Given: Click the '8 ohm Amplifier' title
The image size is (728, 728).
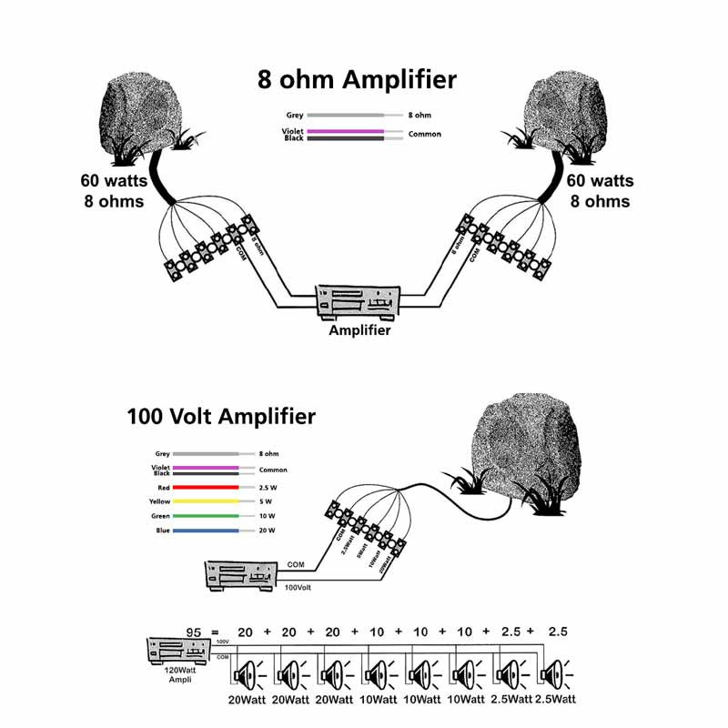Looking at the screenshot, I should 355,80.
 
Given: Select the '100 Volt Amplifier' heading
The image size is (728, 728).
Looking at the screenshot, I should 221,417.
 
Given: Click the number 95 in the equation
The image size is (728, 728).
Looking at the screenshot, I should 193,632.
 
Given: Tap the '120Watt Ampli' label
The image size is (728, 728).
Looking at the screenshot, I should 177,674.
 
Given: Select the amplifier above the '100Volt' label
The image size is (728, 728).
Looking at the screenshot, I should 239,576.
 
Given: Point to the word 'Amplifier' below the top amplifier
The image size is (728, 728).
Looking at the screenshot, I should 359,330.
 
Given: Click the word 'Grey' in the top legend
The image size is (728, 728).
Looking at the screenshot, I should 295,116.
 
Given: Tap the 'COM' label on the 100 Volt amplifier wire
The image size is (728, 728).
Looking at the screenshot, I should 295,564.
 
